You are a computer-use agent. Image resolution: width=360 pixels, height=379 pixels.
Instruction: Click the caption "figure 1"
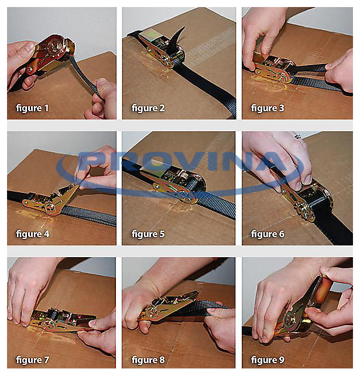coord(32,108)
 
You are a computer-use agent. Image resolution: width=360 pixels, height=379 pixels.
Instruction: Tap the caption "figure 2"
coord(148,108)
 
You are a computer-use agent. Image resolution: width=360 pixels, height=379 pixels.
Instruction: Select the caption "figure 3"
coord(268,108)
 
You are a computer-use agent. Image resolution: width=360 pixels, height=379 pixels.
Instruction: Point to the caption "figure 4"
coord(33,234)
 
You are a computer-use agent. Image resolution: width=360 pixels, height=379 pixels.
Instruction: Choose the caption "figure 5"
coord(148,234)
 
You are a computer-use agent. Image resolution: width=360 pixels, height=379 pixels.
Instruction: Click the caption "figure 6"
coord(268,234)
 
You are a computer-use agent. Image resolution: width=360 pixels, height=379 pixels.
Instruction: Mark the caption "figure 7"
coord(32,360)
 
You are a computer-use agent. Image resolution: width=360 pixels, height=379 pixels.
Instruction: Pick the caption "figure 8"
coord(148,360)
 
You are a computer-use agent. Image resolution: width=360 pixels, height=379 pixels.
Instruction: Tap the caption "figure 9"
coord(268,360)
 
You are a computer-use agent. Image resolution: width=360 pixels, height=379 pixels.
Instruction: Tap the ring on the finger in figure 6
coord(298,136)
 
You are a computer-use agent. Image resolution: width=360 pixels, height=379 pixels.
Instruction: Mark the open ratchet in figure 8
coord(169,306)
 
